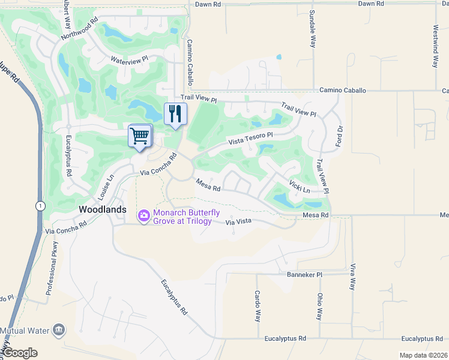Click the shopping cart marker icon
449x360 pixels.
pos(140,136)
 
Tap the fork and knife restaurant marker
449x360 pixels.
pos(175,114)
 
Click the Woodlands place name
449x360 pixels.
pos(103,209)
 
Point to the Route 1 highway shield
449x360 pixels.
pos(38,205)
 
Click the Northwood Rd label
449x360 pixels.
pos(79,29)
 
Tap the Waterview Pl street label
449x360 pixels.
pos(129,60)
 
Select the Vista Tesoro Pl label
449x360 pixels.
pos(250,139)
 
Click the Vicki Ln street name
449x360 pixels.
pos(299,186)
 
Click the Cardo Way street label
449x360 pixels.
pos(257,307)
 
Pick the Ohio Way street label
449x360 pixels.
pos(320,306)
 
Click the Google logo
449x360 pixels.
pos(20,353)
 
